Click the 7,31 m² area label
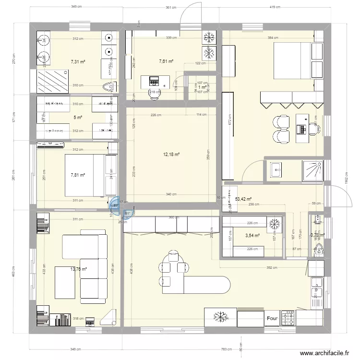point(78,61)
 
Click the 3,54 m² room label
point(252,236)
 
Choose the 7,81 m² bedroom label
point(77,175)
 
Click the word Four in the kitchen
point(272,318)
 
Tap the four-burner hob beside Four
point(289,317)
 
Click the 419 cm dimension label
point(275,8)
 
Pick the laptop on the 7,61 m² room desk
point(155,80)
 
